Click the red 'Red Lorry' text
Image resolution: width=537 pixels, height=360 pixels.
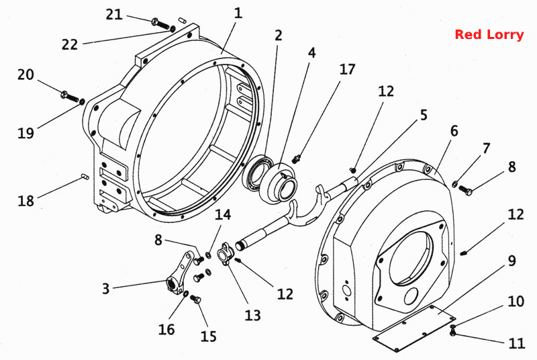point(489,35)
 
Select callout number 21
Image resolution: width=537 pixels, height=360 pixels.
point(114,15)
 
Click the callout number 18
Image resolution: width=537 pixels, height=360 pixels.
point(26,200)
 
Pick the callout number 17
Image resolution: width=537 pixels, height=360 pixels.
point(347,69)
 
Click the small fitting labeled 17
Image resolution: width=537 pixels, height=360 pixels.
point(297,159)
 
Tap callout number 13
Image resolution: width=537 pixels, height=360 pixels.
point(252,315)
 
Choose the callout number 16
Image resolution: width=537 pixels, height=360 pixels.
point(166,329)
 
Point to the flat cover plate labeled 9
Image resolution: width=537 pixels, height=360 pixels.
point(414,328)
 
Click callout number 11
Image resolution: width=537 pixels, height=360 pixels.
point(517,343)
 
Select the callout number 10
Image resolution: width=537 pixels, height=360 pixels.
point(516,302)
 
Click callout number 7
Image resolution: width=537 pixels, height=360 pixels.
point(486,148)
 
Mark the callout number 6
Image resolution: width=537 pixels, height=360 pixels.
point(454,131)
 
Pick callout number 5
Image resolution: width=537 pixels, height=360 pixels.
point(424,115)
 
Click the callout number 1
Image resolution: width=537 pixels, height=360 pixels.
point(238,13)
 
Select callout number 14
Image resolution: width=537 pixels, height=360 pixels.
point(223,215)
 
